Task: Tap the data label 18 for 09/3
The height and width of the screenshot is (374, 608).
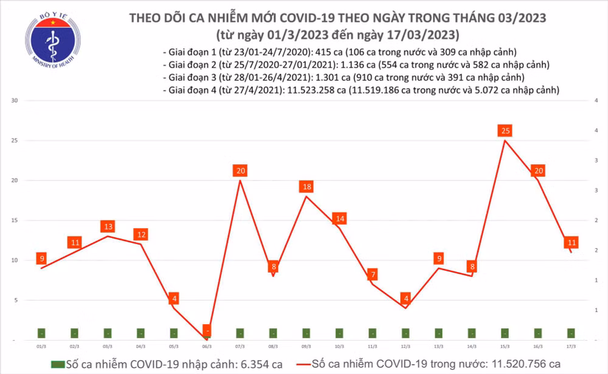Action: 307,186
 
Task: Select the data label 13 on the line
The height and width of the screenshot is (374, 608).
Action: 108,226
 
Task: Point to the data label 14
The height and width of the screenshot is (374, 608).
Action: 340,219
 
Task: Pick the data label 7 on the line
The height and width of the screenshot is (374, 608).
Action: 373,274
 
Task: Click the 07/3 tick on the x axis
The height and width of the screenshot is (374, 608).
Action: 240,345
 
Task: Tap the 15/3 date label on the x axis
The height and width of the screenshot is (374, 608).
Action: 505,345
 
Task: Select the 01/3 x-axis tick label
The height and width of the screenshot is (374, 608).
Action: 41,345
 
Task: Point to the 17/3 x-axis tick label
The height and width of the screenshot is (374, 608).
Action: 571,345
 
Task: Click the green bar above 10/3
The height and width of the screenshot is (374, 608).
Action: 339,333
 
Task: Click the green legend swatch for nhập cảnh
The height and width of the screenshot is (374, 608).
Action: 58,364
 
